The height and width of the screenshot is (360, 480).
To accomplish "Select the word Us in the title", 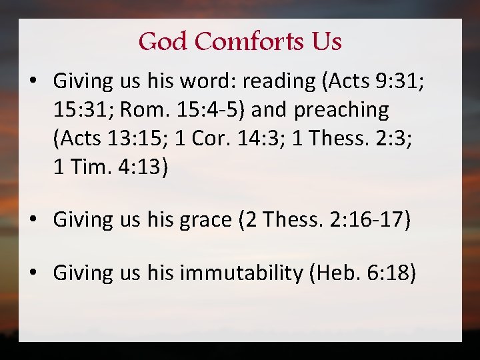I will [x=326, y=42].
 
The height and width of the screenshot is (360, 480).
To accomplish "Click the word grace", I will [x=204, y=220].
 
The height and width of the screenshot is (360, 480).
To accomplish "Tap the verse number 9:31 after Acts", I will [x=401, y=81].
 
